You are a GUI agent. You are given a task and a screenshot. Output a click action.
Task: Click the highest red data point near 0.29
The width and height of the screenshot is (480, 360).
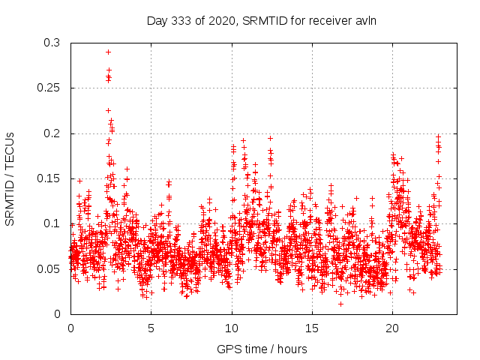click(x=109, y=52)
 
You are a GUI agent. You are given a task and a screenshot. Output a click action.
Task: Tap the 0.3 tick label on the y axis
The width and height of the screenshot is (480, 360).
click(x=52, y=43)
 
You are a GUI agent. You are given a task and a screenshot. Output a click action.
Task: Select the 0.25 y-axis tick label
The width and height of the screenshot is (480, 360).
click(x=49, y=88)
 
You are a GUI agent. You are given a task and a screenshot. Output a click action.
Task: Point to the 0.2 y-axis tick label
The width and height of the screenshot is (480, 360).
click(x=52, y=133)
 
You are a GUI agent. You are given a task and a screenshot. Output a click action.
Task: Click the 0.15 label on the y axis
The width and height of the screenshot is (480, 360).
click(x=49, y=178)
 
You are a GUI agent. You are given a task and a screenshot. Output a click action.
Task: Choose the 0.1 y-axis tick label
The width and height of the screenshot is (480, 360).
click(x=52, y=223)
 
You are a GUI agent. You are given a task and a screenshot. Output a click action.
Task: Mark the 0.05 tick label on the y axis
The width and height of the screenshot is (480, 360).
click(x=49, y=268)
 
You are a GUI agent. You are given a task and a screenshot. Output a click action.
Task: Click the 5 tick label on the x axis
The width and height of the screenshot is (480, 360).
click(x=151, y=328)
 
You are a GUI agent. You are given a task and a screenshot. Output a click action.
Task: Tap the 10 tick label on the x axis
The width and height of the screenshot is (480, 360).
click(x=232, y=328)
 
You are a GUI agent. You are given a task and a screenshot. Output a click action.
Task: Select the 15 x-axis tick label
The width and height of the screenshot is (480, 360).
click(x=312, y=328)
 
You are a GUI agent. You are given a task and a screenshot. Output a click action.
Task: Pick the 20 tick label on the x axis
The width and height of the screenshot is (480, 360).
click(x=392, y=328)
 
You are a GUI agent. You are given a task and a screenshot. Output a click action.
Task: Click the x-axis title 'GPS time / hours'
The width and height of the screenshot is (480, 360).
click(x=262, y=349)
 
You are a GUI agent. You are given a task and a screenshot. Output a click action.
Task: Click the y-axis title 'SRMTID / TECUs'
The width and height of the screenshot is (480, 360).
click(x=10, y=178)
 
